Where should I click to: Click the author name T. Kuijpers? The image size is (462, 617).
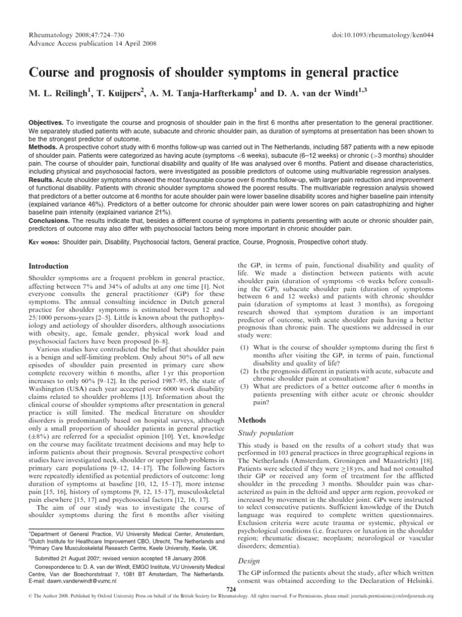(118, 93)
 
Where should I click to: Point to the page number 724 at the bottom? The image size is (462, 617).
(230, 604)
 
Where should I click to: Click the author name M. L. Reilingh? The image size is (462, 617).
(59, 93)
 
